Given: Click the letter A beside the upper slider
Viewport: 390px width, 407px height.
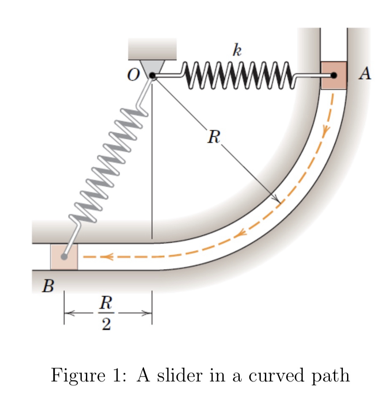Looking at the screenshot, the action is pos(365,73).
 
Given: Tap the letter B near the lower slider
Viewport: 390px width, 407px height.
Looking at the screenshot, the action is pos(48,286).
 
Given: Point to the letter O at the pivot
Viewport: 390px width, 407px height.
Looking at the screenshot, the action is pos(134,75).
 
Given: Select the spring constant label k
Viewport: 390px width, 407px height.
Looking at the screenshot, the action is pos(237,50).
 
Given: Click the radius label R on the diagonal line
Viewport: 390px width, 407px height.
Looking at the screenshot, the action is pos(214,137).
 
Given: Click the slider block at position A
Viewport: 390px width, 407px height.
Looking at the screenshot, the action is pos(334,75).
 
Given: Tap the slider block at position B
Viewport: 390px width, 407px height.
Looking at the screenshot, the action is pos(64,257).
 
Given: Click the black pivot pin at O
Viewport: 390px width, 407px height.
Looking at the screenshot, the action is pos(152,76).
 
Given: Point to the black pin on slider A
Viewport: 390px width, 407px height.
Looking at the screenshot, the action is pos(334,76).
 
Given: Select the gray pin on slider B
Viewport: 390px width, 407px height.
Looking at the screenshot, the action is pos(64,257).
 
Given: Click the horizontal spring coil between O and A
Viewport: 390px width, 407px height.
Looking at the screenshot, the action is pos(238,75).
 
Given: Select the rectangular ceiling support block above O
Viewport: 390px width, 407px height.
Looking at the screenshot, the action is pos(152,49).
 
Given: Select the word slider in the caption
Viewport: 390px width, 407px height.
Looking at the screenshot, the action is pos(180,375).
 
